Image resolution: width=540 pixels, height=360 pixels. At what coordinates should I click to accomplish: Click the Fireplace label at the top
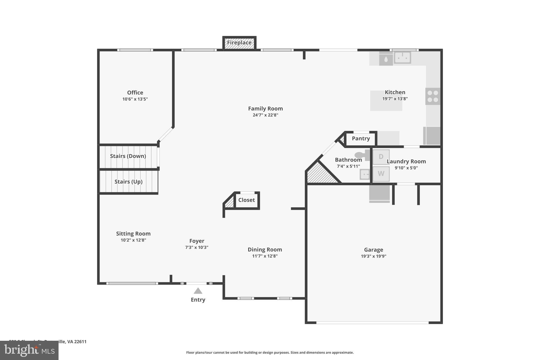coord(239,42)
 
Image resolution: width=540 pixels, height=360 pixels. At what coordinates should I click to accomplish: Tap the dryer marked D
coord(381,157)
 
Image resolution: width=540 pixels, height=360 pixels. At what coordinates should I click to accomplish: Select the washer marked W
coord(381,174)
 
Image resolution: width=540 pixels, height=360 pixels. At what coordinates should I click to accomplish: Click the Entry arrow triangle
coord(198,291)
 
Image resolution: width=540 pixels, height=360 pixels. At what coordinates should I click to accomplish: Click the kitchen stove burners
coord(433,96)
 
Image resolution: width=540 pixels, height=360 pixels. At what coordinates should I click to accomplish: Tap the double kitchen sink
coord(402,57)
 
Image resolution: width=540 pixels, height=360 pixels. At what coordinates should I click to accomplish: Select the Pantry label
coord(361,138)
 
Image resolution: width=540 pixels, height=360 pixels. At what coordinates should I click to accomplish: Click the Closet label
coord(247,200)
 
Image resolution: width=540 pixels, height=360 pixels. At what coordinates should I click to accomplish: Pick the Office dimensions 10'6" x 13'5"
coord(135,99)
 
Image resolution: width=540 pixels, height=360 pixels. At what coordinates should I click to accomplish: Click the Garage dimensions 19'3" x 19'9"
coord(373,256)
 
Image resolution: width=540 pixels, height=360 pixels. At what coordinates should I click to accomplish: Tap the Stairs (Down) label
coord(128,156)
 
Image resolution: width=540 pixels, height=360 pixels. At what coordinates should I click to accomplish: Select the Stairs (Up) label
coord(128,182)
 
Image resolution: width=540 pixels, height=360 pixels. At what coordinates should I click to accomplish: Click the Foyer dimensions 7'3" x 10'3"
coord(197,247)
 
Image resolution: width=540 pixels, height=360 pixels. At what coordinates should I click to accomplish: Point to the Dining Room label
coord(265,249)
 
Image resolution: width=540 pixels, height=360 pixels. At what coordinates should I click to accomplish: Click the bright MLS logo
coord(29,350)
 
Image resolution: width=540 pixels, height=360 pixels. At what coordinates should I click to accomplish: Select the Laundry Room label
coord(406,161)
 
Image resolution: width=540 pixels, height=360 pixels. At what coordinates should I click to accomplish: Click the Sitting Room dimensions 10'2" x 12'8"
coord(133,240)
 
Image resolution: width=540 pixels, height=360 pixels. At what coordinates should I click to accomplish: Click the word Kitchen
coord(395,92)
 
